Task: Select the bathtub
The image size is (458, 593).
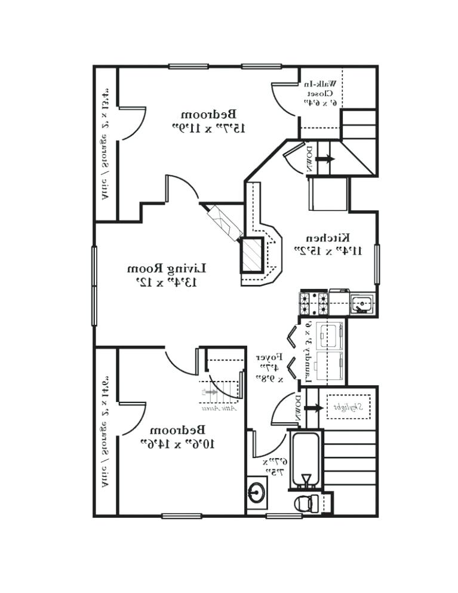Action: pyautogui.click(x=306, y=457)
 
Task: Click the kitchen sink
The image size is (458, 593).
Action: pyautogui.click(x=361, y=304)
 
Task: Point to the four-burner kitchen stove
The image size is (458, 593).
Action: pyautogui.click(x=313, y=303)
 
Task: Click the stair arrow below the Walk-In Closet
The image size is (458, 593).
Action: pyautogui.click(x=325, y=159)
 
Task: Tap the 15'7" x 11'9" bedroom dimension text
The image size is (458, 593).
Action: pyautogui.click(x=208, y=127)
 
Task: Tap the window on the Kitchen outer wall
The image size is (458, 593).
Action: pyautogui.click(x=376, y=263)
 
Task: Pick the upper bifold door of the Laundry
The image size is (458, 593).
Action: pyautogui.click(x=293, y=338)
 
